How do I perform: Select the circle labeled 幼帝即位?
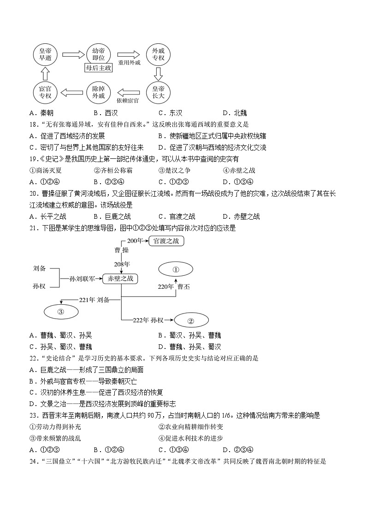point(98,54)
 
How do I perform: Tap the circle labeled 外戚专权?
point(158,55)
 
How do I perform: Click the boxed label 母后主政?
point(98,68)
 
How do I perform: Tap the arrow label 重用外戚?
point(129,63)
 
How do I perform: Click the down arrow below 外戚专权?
point(158,74)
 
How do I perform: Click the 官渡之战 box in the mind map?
point(166,241)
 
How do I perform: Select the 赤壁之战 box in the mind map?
point(121,279)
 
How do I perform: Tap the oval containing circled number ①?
point(175,270)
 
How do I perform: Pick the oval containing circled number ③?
point(60,311)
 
